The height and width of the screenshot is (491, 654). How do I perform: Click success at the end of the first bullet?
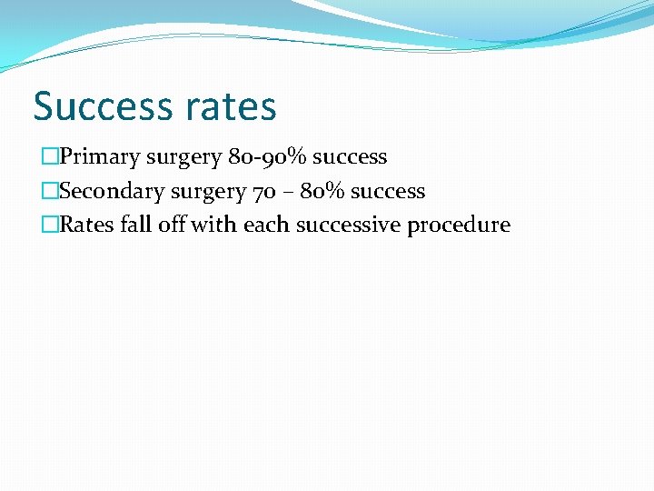350,157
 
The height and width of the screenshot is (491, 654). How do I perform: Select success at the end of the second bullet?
388,191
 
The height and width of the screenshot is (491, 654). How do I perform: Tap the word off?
171,225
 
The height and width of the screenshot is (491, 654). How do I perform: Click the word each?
262,225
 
